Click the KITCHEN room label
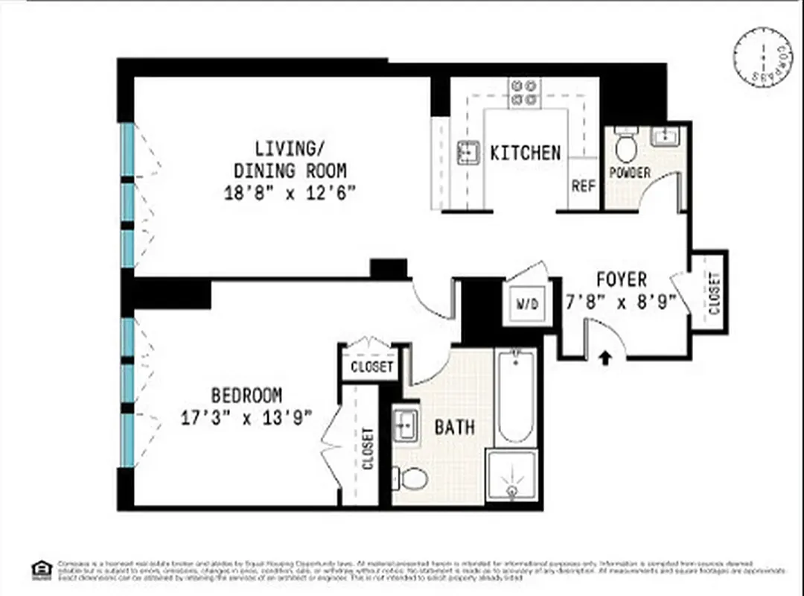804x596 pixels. click(x=525, y=153)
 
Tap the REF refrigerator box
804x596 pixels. click(x=584, y=185)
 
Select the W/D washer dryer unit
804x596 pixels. click(x=527, y=304)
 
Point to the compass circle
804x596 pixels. click(x=762, y=57)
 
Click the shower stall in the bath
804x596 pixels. click(x=511, y=477)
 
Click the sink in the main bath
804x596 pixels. click(x=406, y=424)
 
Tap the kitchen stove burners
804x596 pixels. click(x=524, y=92)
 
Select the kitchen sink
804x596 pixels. click(x=468, y=152)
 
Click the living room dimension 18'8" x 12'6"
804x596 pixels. click(x=290, y=193)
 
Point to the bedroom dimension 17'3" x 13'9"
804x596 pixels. click(x=246, y=417)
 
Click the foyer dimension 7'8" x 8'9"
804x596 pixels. click(x=622, y=302)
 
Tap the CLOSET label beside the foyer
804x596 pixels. click(x=714, y=292)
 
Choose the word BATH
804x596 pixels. click(x=454, y=427)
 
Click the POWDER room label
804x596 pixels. click(x=630, y=173)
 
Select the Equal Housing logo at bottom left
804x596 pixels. click(x=42, y=570)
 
